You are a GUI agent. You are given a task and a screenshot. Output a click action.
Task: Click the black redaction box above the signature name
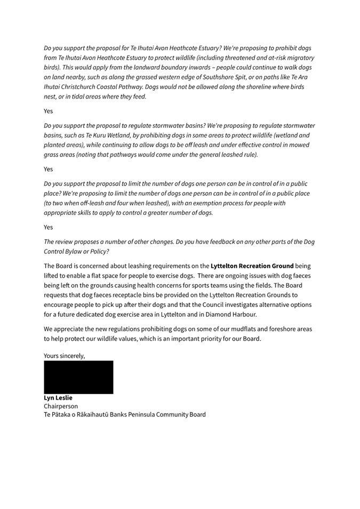click(78, 377)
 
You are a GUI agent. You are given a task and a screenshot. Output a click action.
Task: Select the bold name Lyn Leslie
click(58, 398)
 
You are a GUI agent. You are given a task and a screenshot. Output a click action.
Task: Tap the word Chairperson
click(61, 406)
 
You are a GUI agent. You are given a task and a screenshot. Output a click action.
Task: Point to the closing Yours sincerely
click(65, 356)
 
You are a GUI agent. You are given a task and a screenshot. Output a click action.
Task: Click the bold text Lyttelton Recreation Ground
click(252, 265)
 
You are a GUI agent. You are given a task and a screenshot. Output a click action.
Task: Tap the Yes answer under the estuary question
click(49, 111)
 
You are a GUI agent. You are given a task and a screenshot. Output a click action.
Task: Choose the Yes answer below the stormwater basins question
click(49, 169)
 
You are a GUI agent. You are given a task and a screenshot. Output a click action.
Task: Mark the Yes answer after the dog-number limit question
click(49, 227)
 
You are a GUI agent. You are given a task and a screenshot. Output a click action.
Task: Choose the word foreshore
click(275, 329)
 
